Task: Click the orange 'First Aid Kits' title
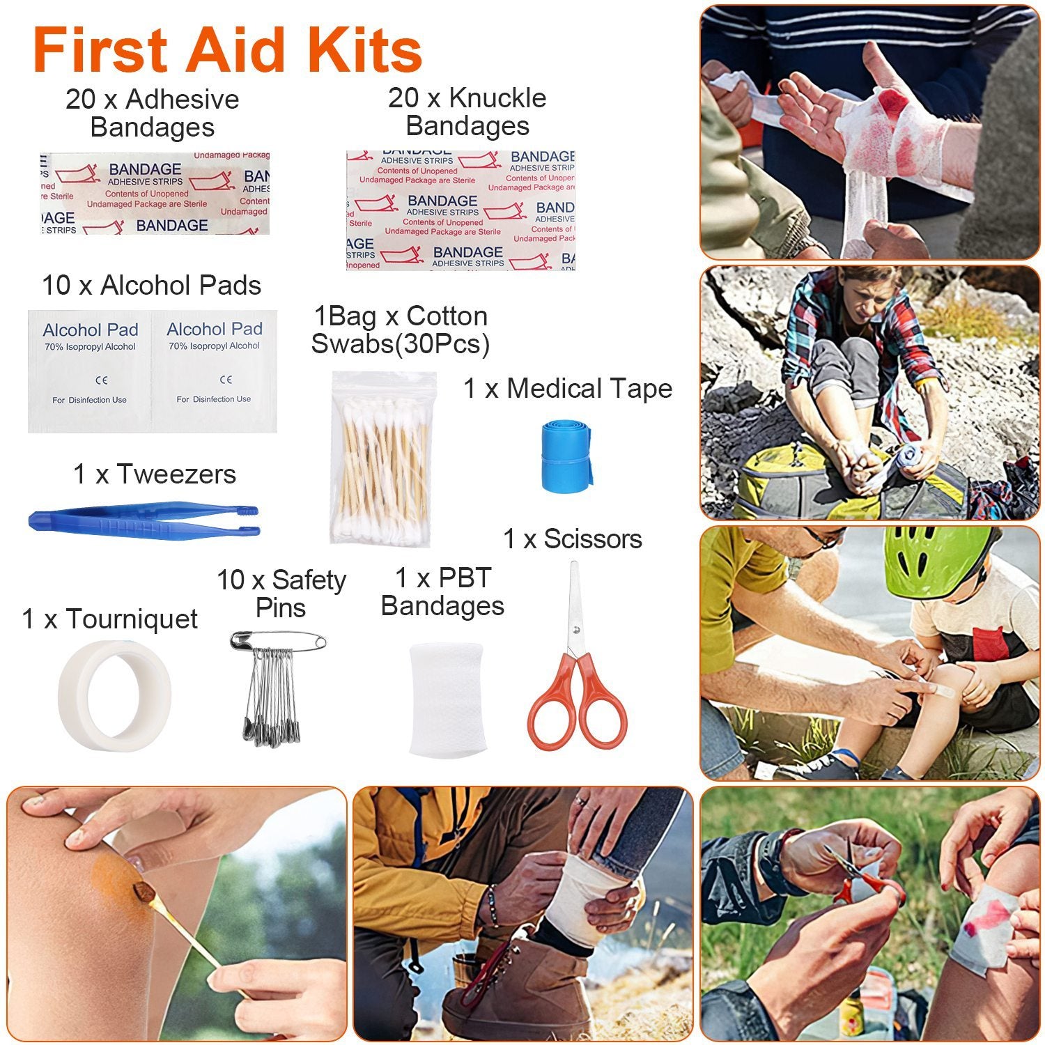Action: [227, 50]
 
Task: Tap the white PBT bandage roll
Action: [446, 699]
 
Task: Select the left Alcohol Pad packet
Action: [90, 370]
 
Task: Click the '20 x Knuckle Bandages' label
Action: [467, 111]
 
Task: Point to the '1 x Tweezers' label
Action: [155, 474]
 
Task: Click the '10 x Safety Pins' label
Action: [281, 593]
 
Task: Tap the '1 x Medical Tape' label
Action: [568, 388]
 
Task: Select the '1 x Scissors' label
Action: [573, 539]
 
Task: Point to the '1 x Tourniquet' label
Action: [110, 619]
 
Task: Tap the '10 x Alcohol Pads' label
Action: [151, 285]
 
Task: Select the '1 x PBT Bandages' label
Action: [442, 591]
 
